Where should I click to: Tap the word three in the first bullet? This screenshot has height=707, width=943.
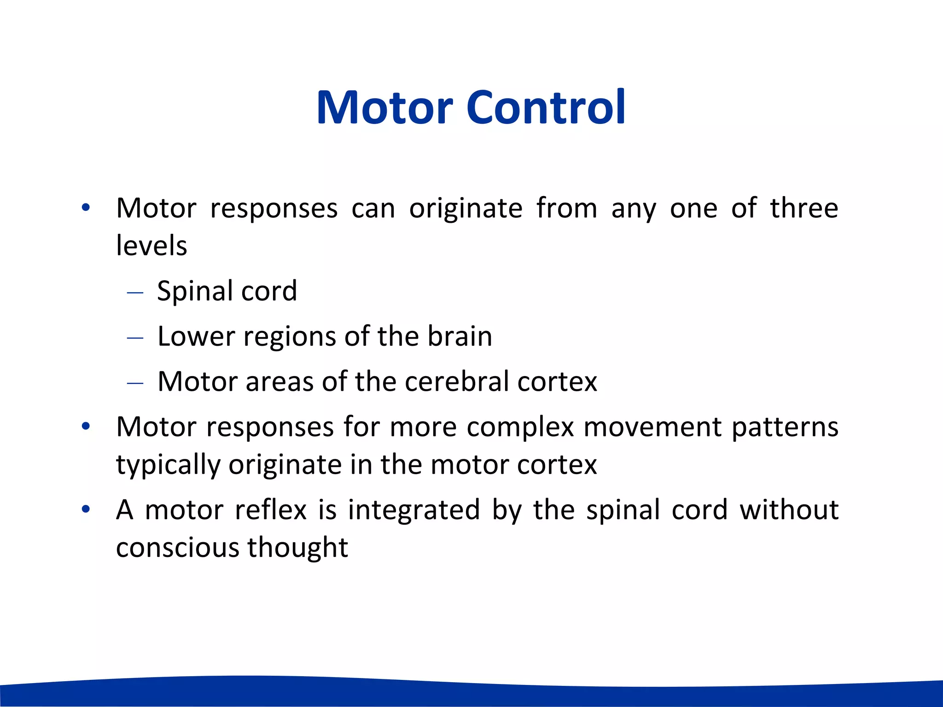click(x=804, y=208)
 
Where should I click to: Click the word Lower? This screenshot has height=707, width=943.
click(x=197, y=336)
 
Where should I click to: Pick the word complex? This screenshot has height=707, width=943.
click(x=520, y=428)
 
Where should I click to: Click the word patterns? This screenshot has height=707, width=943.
click(x=785, y=428)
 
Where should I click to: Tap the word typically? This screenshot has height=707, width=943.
click(x=168, y=465)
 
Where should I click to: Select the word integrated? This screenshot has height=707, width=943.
click(x=413, y=510)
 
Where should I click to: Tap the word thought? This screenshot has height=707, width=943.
click(x=297, y=548)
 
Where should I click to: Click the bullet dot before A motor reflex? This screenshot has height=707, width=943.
click(x=86, y=510)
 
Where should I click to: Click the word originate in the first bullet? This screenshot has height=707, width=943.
click(x=466, y=209)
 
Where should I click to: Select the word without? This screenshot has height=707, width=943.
click(x=789, y=510)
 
